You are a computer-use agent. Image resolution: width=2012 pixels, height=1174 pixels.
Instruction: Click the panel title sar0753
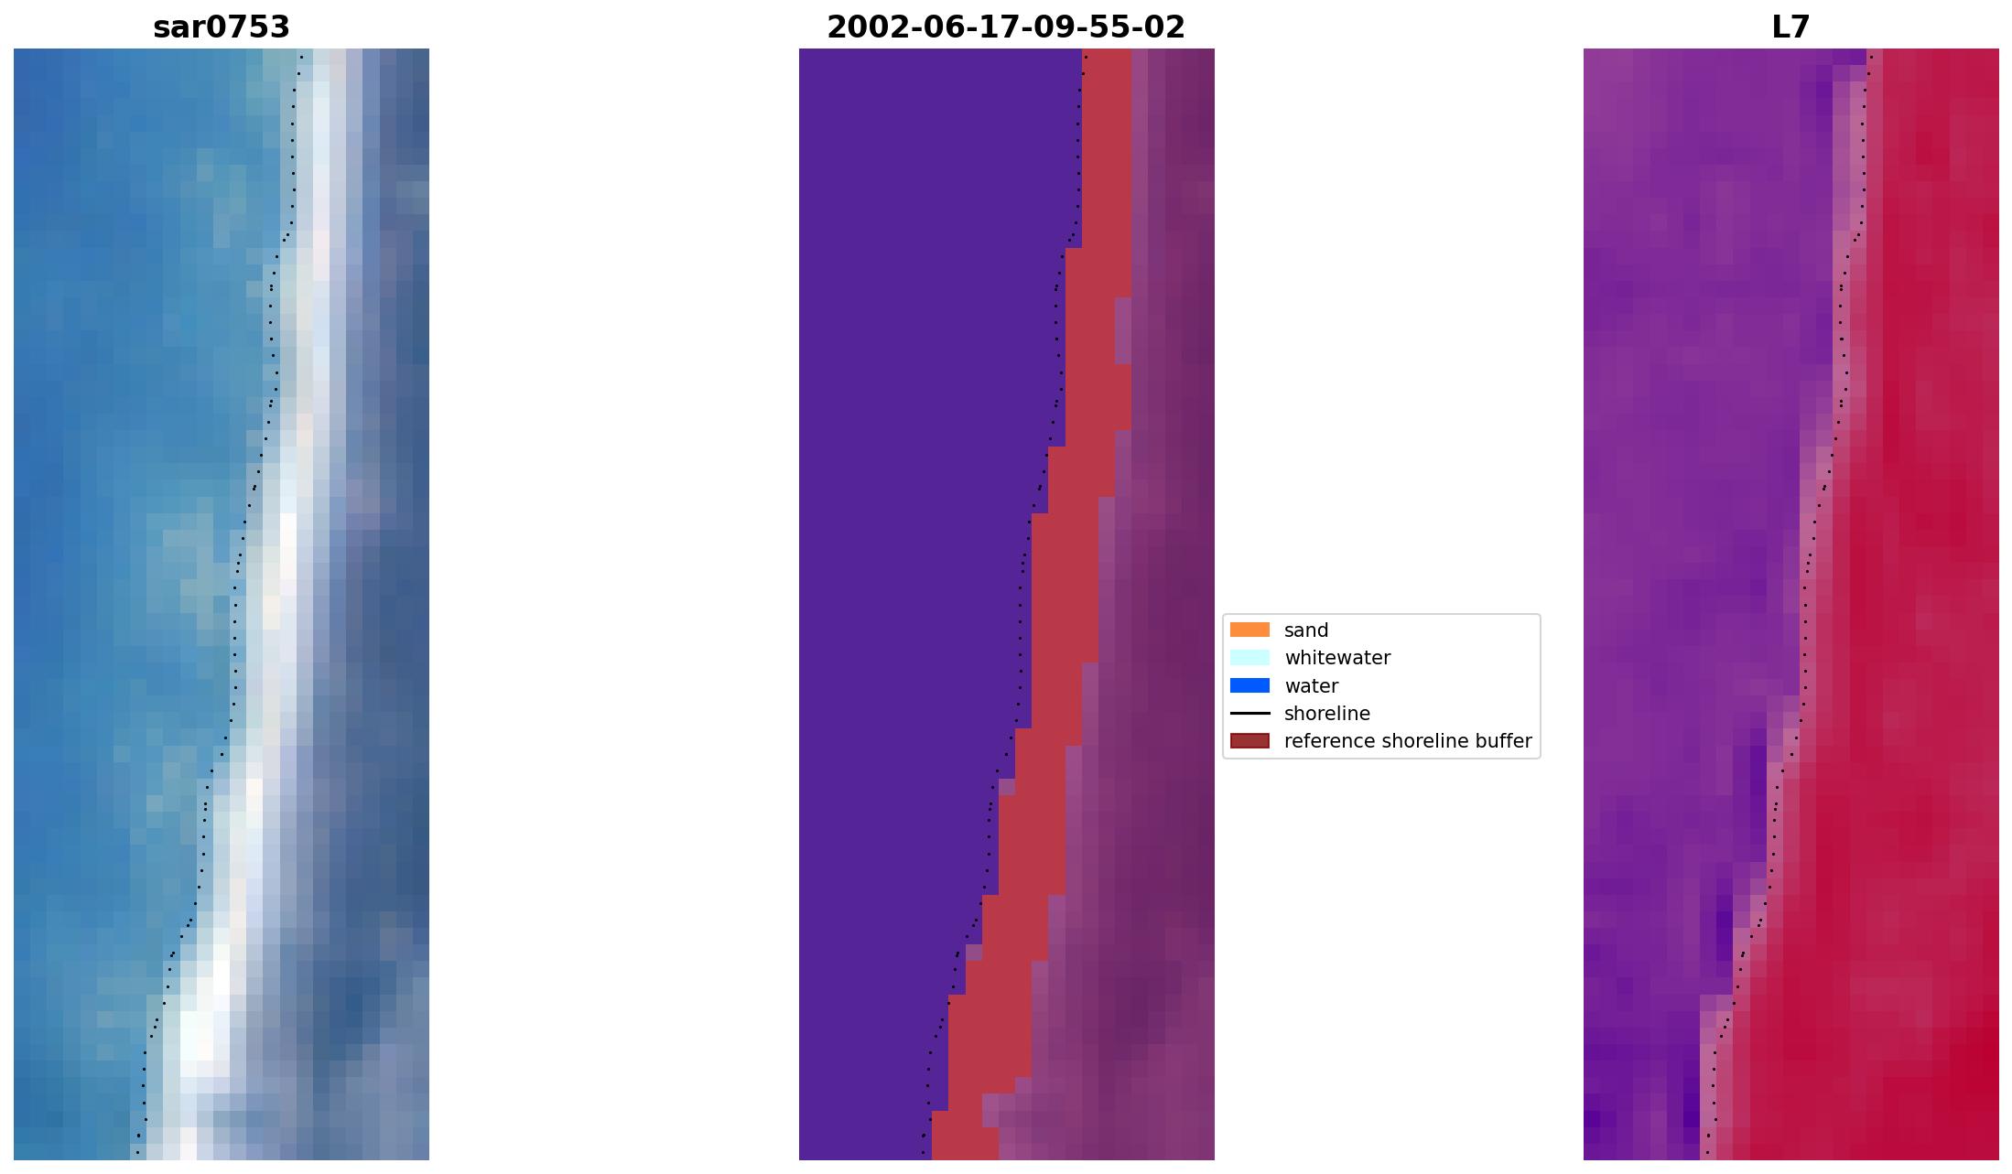[x=222, y=28]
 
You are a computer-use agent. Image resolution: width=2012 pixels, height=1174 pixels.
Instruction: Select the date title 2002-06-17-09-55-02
[x=1006, y=28]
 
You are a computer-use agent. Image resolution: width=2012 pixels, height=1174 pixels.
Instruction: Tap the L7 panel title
[x=1790, y=28]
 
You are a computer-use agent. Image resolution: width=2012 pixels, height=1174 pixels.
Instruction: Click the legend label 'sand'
[x=1305, y=630]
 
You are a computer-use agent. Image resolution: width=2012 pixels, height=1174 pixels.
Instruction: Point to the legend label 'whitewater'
[x=1336, y=658]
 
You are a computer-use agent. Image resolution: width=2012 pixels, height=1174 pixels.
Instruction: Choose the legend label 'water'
[x=1311, y=686]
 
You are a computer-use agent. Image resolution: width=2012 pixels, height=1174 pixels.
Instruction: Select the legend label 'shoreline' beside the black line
[x=1326, y=714]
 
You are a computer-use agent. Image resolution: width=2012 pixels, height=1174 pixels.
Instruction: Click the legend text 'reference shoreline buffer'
[x=1407, y=741]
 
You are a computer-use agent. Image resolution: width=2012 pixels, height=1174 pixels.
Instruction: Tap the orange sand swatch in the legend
[x=1249, y=630]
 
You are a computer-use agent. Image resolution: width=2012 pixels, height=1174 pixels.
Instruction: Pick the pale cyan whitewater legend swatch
[x=1249, y=658]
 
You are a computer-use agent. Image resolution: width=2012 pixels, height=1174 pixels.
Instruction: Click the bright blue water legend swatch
[x=1249, y=686]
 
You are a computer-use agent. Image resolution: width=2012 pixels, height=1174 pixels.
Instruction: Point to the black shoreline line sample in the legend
[x=1249, y=714]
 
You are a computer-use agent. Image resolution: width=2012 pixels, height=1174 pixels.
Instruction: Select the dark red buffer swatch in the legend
[x=1249, y=741]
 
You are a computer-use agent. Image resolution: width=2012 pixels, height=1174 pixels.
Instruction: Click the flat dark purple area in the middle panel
[x=897, y=549]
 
